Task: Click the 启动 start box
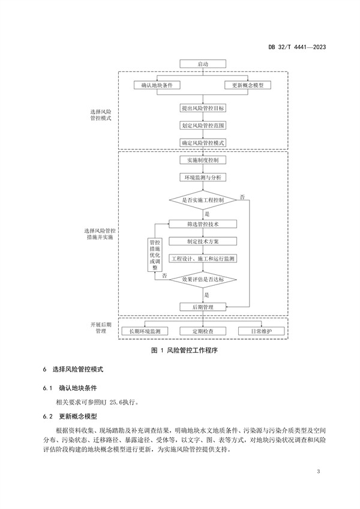[202, 64]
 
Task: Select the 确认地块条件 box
[157, 85]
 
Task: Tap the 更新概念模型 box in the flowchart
[248, 85]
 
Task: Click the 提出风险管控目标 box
[202, 109]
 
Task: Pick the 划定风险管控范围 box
[202, 126]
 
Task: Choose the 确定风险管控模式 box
[202, 143]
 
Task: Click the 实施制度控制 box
[202, 161]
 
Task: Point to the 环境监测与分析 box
[202, 178]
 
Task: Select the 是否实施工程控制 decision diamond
[202, 200]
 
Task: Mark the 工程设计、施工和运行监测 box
[202, 259]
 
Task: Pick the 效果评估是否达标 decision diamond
[202, 279]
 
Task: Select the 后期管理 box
[202, 307]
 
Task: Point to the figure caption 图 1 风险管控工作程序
[180, 350]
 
